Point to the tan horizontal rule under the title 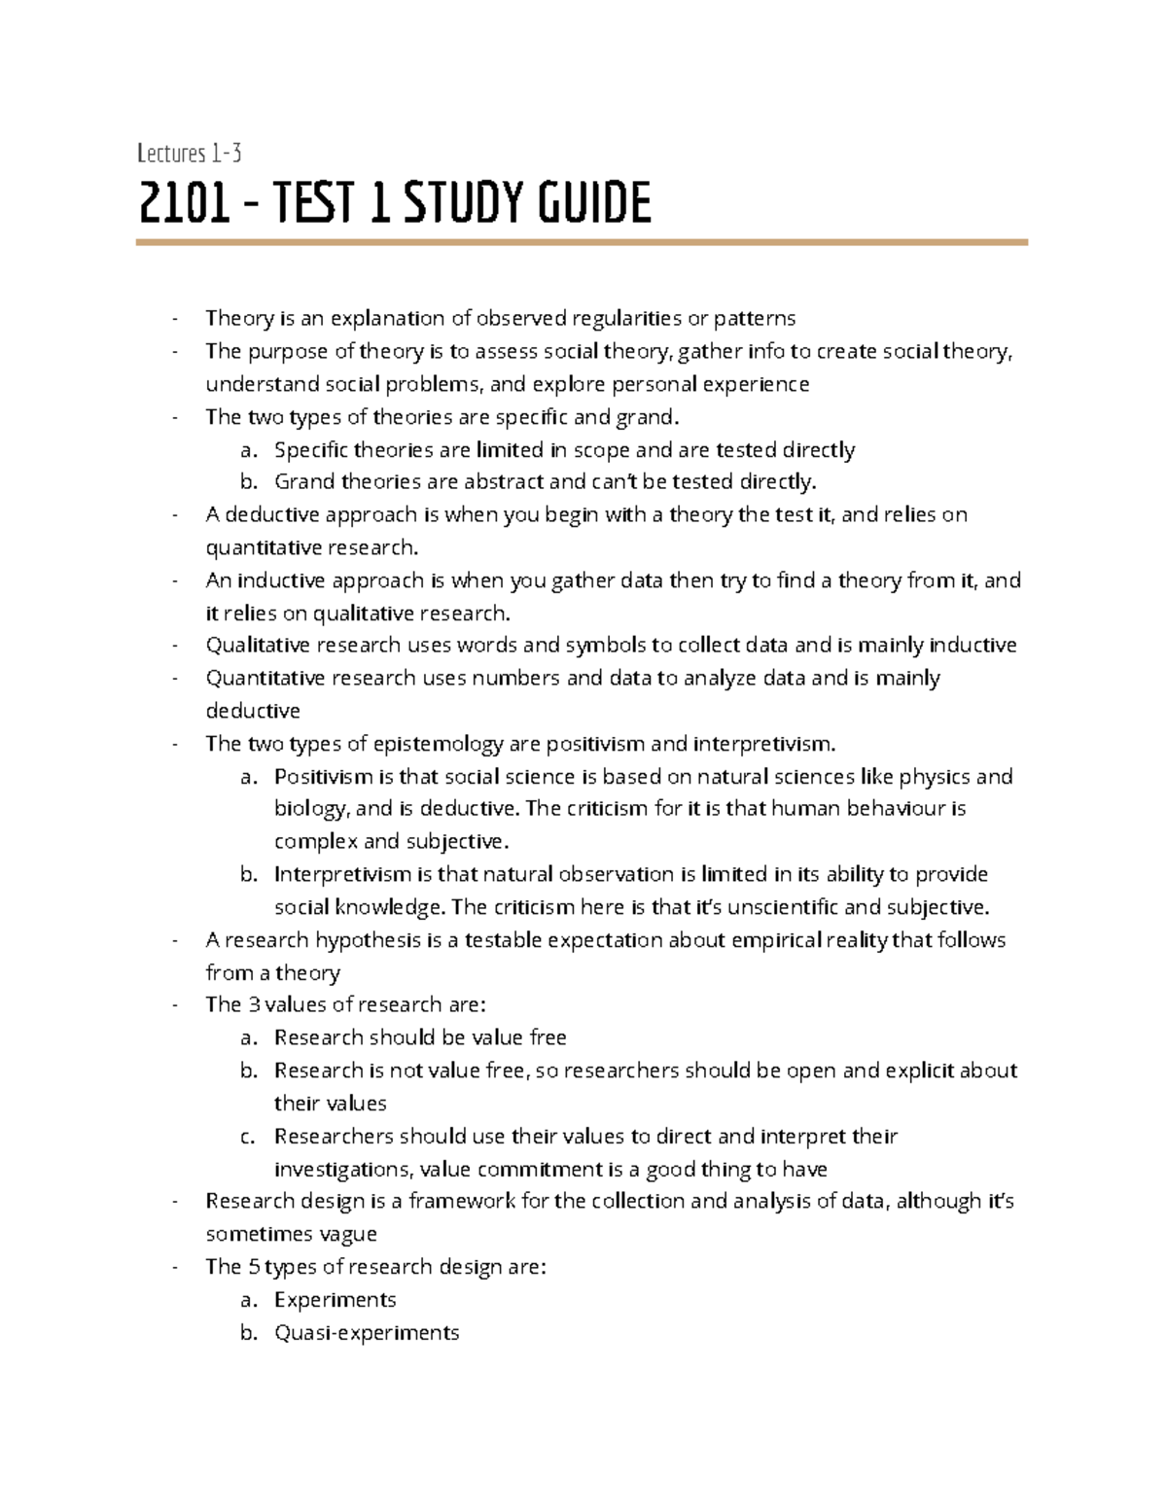point(582,242)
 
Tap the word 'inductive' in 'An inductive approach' point(282,581)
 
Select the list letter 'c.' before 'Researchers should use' point(248,1137)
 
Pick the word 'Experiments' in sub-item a point(335,1300)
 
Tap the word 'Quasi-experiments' point(367,1333)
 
